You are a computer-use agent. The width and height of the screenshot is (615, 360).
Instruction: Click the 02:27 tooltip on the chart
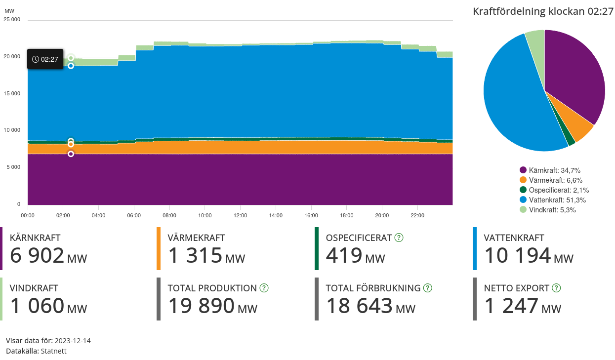(45, 59)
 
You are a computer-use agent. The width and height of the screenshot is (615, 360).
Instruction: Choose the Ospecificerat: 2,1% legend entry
(554, 190)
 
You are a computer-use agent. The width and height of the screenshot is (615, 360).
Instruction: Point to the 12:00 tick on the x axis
(241, 216)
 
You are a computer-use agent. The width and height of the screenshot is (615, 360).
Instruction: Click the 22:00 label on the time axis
(417, 216)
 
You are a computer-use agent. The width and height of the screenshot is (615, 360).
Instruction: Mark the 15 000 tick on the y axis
(12, 93)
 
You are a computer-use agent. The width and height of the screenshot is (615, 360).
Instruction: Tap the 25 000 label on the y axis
(12, 20)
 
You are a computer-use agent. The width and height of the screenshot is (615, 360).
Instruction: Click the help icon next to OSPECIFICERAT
(399, 238)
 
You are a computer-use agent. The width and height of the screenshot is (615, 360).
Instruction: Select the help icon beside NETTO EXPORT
(556, 288)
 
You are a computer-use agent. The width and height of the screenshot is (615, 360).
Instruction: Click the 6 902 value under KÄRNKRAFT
(37, 256)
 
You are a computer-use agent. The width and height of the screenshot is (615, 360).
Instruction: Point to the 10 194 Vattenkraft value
(517, 256)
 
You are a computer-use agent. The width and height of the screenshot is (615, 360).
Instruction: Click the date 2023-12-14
(73, 341)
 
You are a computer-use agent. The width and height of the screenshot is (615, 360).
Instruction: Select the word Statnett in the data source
(54, 351)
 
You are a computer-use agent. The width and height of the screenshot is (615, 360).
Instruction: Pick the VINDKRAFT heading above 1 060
(34, 288)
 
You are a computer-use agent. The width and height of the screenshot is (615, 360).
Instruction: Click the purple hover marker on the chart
(71, 154)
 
